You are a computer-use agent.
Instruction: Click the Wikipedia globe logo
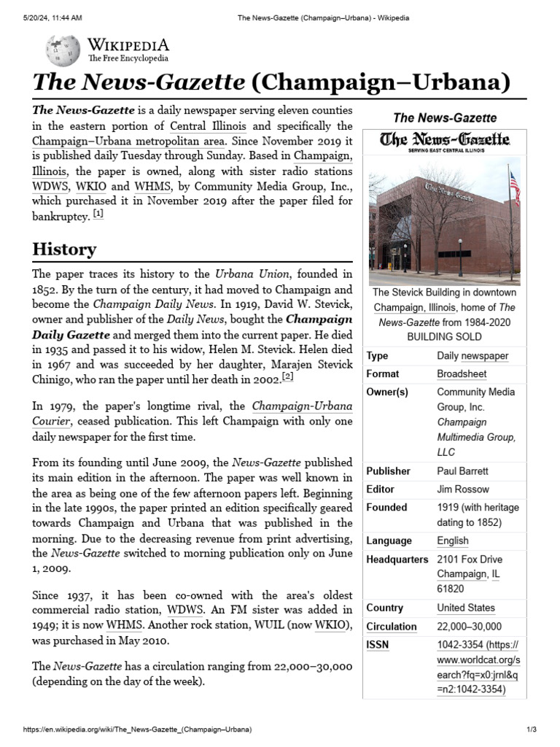pyautogui.click(x=63, y=51)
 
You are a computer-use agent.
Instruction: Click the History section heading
pyautogui.click(x=64, y=249)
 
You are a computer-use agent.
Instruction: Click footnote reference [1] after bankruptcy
pyautogui.click(x=98, y=214)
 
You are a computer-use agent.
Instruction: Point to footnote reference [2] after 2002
pyautogui.click(x=288, y=376)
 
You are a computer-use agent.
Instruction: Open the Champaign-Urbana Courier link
pyautogui.click(x=292, y=406)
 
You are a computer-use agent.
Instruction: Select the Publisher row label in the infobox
pyautogui.click(x=388, y=471)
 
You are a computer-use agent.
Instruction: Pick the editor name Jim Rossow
pyautogui.click(x=463, y=489)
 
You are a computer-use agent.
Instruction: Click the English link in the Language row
pyautogui.click(x=453, y=541)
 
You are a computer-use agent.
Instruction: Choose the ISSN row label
pyautogui.click(x=378, y=645)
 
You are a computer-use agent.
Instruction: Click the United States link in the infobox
pyautogui.click(x=465, y=608)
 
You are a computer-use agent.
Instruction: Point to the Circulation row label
pyautogui.click(x=392, y=627)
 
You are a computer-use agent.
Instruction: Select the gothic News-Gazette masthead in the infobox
pyautogui.click(x=443, y=139)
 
